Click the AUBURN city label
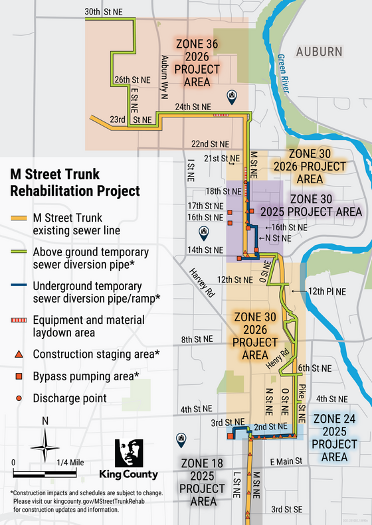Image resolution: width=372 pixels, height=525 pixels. [320, 51]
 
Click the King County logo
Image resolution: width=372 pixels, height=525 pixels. [128, 458]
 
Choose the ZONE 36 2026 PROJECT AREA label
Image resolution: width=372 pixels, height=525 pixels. [197, 62]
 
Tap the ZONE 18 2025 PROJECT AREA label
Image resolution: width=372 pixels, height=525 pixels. [195, 481]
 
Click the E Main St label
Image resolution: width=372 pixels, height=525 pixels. [286, 461]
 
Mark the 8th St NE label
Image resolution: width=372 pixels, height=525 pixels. [197, 339]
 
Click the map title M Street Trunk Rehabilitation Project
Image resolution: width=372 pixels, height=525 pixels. [74, 183]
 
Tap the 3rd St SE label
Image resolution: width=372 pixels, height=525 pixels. [287, 508]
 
